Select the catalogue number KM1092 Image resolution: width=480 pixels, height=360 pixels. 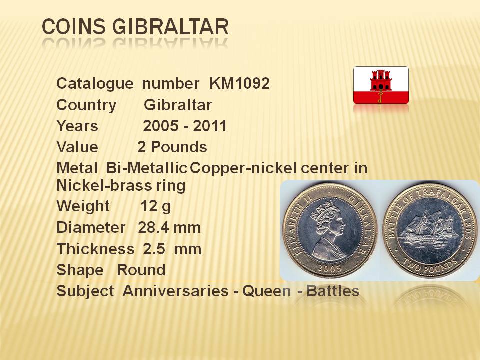tap(239, 83)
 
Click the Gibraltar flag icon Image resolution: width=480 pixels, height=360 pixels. tap(381, 85)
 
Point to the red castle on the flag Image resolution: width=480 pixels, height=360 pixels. tap(381, 81)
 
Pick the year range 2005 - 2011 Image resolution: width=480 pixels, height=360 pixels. tap(185, 126)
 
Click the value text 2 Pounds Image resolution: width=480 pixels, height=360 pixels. tap(172, 147)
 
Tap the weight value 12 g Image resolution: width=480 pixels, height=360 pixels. tap(156, 206)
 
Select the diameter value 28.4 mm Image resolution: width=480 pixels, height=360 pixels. tap(169, 228)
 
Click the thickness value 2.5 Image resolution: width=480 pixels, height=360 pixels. tap(154, 249)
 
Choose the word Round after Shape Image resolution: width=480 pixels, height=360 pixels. tap(141, 270)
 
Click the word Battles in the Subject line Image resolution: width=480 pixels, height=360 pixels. tap(333, 291)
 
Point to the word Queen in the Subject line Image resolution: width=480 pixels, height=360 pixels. tap(266, 291)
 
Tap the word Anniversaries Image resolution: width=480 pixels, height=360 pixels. tap(175, 291)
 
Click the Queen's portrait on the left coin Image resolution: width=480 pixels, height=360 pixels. tap(328, 231)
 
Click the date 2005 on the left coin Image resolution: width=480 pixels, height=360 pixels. tap(329, 268)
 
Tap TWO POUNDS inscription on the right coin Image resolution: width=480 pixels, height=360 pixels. tap(430, 265)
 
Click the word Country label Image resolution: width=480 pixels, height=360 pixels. tap(86, 105)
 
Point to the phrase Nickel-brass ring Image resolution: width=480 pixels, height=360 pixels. tap(121, 186)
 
